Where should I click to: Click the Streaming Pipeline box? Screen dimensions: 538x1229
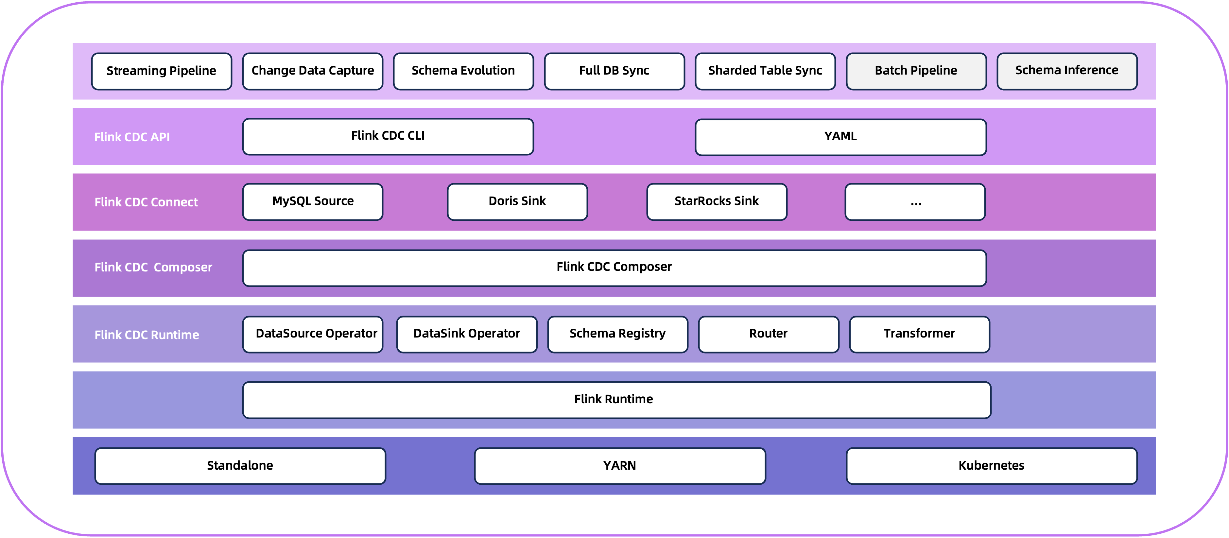coord(161,71)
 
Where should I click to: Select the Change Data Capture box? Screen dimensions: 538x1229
coord(313,71)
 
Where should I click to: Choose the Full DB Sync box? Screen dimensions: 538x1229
coord(614,71)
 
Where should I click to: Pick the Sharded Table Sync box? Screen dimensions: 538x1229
coord(765,71)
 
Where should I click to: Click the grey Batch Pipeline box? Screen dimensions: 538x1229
coord(916,71)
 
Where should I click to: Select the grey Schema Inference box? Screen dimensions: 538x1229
coord(1067,71)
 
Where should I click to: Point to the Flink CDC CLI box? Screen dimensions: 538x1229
coord(388,136)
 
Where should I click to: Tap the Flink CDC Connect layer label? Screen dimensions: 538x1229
coord(146,202)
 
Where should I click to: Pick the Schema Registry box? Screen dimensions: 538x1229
coord(617,334)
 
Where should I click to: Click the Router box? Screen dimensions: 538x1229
coord(768,334)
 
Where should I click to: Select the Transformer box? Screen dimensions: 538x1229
coord(919,334)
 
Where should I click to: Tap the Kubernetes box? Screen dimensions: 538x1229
coord(991,465)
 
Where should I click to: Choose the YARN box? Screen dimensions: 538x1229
coord(620,465)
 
